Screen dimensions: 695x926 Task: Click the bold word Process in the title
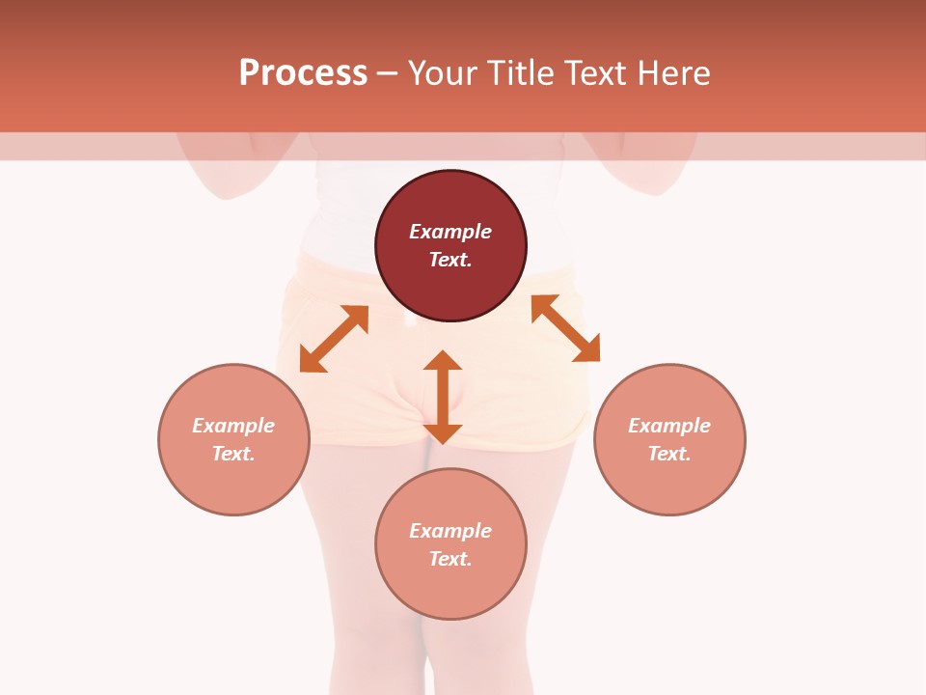[303, 73]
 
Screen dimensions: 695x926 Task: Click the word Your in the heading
[444, 73]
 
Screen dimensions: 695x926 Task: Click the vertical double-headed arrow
[443, 397]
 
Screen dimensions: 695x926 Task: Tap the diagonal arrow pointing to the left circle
[334, 339]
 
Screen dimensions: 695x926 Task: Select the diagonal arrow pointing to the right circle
[565, 328]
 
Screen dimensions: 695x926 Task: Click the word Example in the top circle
[450, 232]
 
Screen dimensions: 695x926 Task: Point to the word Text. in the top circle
[450, 260]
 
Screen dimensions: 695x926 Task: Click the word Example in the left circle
[233, 426]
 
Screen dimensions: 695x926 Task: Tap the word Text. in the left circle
[233, 454]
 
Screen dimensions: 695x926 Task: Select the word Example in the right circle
[669, 426]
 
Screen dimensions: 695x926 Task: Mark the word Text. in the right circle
[669, 454]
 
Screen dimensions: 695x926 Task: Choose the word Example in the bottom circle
[450, 531]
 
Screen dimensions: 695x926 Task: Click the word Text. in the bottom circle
[450, 559]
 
